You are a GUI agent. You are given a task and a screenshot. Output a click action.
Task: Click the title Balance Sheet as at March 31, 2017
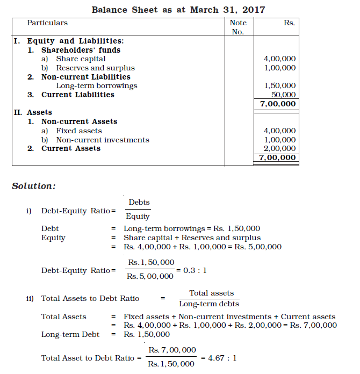pyautogui.click(x=178, y=10)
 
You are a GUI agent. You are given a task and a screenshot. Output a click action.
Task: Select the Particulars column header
pyautogui.click(x=47, y=23)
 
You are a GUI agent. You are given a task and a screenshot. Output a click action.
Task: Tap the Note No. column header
pyautogui.click(x=237, y=27)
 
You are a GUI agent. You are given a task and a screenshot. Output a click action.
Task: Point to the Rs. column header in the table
pyautogui.click(x=289, y=23)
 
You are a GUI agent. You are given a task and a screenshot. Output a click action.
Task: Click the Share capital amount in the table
pyautogui.click(x=279, y=59)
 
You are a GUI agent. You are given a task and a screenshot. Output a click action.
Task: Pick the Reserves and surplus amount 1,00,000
pyautogui.click(x=279, y=68)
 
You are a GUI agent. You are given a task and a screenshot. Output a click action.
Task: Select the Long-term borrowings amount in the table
pyautogui.click(x=279, y=86)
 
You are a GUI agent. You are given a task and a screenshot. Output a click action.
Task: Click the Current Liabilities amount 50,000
pyautogui.click(x=284, y=95)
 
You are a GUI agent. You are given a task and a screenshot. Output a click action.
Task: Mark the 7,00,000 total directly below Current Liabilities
pyautogui.click(x=277, y=104)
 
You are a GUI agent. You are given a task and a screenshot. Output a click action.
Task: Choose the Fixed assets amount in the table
pyautogui.click(x=279, y=131)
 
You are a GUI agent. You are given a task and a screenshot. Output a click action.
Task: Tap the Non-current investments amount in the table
pyautogui.click(x=279, y=140)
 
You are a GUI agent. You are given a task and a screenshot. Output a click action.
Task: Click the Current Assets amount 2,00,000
pyautogui.click(x=279, y=149)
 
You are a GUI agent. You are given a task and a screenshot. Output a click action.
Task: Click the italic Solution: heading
pyautogui.click(x=34, y=186)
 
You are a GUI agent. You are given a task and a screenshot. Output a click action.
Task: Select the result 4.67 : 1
pyautogui.click(x=219, y=357)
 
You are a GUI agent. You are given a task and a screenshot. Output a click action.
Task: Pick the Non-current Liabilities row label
pyautogui.click(x=85, y=77)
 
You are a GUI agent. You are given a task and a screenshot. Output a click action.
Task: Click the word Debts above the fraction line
pyautogui.click(x=139, y=203)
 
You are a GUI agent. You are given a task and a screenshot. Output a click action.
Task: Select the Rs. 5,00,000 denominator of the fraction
pyautogui.click(x=150, y=277)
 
